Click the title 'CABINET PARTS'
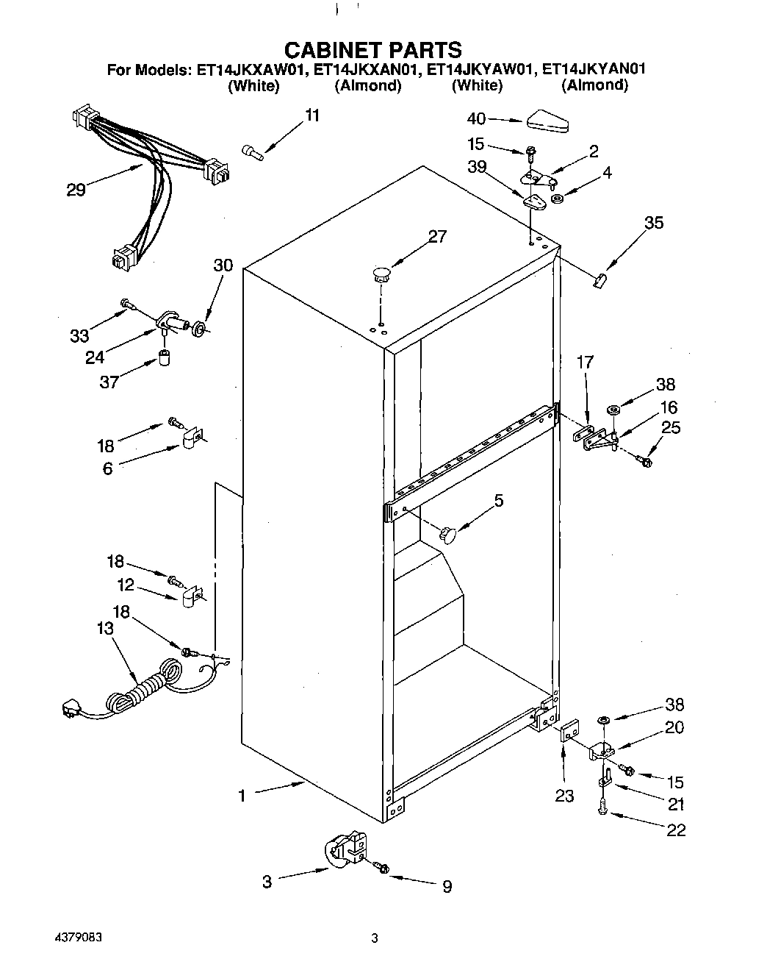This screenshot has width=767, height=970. tap(372, 49)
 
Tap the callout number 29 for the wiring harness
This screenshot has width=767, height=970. tap(76, 190)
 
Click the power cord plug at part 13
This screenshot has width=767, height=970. tap(71, 710)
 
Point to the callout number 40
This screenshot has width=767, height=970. tap(477, 118)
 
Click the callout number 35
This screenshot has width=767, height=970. tap(653, 222)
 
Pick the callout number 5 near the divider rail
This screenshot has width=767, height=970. tap(499, 501)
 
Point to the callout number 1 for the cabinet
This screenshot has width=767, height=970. tap(242, 796)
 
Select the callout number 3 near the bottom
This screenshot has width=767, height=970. tap(267, 881)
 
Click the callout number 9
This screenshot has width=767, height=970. tap(447, 887)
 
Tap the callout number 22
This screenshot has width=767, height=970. tap(675, 830)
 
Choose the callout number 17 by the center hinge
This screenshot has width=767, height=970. tap(586, 362)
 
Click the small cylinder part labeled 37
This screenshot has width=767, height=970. tap(166, 360)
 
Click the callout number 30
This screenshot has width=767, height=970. tap(223, 265)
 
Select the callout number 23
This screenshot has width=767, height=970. tap(564, 796)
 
